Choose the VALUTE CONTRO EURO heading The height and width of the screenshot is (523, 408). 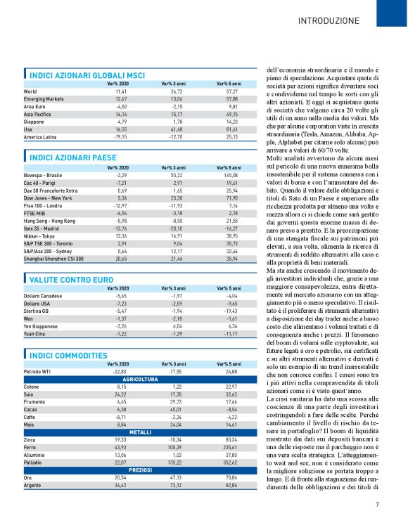[x=73, y=280]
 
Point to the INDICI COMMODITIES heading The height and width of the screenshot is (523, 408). [x=68, y=356]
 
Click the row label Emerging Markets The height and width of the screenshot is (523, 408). [x=44, y=99]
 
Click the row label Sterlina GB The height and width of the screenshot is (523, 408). [x=38, y=310]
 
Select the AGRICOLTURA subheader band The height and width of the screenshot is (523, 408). [x=139, y=379]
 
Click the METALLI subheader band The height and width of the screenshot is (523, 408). [x=139, y=432]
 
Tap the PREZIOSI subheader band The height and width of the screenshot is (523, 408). [x=139, y=470]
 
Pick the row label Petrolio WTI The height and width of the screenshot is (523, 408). [x=39, y=371]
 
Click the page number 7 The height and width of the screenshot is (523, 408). [x=377, y=503]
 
